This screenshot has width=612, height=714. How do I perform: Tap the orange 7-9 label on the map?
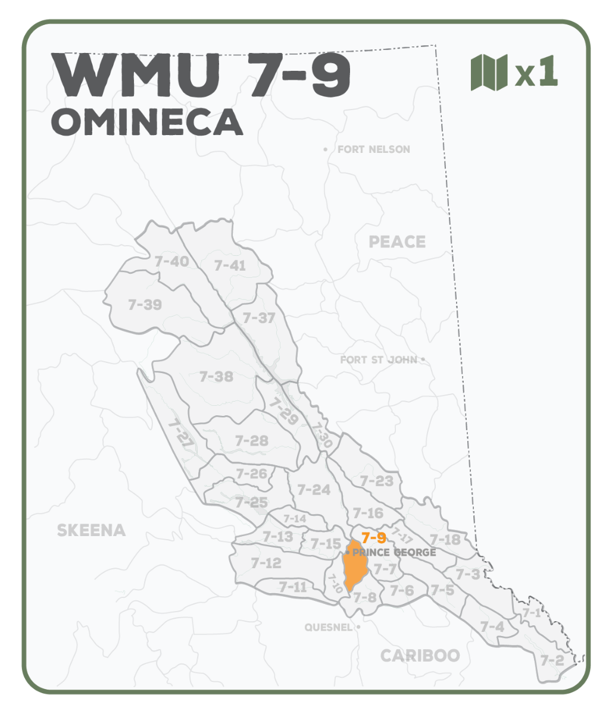[374, 538]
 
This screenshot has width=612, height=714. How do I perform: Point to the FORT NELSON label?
[373, 149]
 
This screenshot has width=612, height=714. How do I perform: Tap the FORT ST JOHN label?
[379, 360]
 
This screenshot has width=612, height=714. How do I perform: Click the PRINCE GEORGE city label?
[394, 553]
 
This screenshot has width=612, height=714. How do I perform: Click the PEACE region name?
[397, 242]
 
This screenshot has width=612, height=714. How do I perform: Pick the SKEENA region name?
[91, 530]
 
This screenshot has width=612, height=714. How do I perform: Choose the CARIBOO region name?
[420, 656]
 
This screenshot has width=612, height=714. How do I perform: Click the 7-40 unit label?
[171, 261]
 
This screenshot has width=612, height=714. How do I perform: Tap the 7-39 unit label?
[145, 305]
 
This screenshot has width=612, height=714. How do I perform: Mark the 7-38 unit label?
[216, 377]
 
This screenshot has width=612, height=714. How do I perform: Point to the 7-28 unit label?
[251, 441]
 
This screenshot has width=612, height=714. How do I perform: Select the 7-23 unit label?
[376, 481]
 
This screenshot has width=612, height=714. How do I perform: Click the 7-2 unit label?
[552, 660]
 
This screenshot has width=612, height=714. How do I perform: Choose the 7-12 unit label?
[266, 563]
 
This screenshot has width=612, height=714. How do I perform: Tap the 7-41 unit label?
[230, 265]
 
